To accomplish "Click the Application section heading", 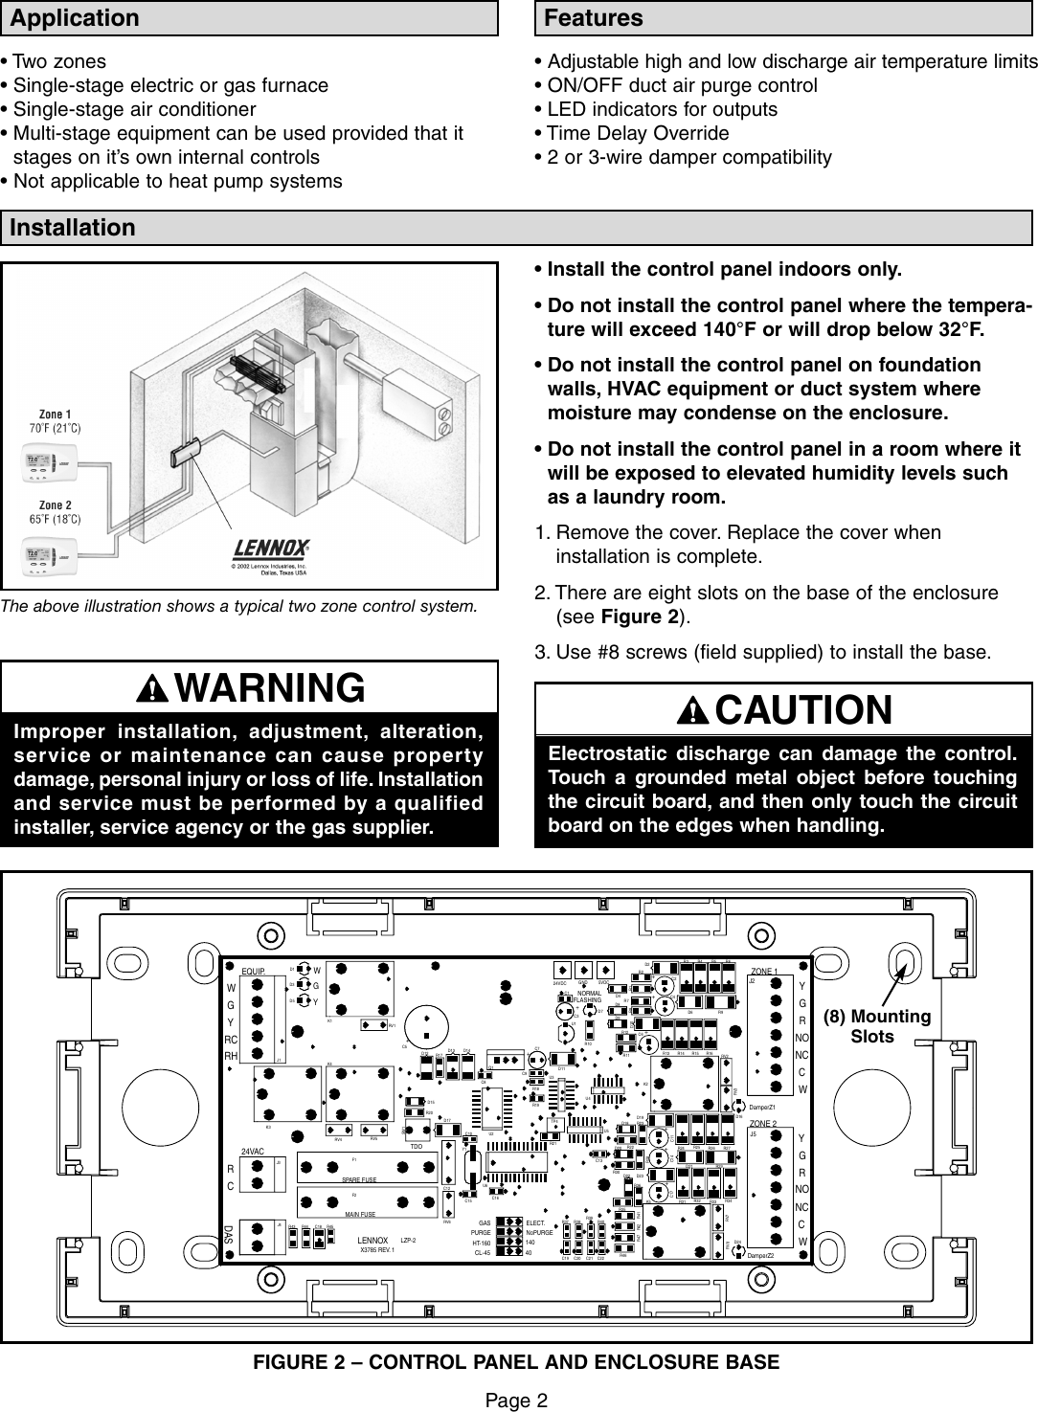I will point(74,18).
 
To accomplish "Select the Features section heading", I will point(594,18).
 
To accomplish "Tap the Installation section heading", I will point(74,228).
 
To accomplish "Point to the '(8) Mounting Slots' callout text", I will point(871,1026).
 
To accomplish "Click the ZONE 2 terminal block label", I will point(764,1123).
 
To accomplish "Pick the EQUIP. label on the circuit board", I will point(253,971).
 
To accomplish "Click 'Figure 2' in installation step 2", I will point(643,616).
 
